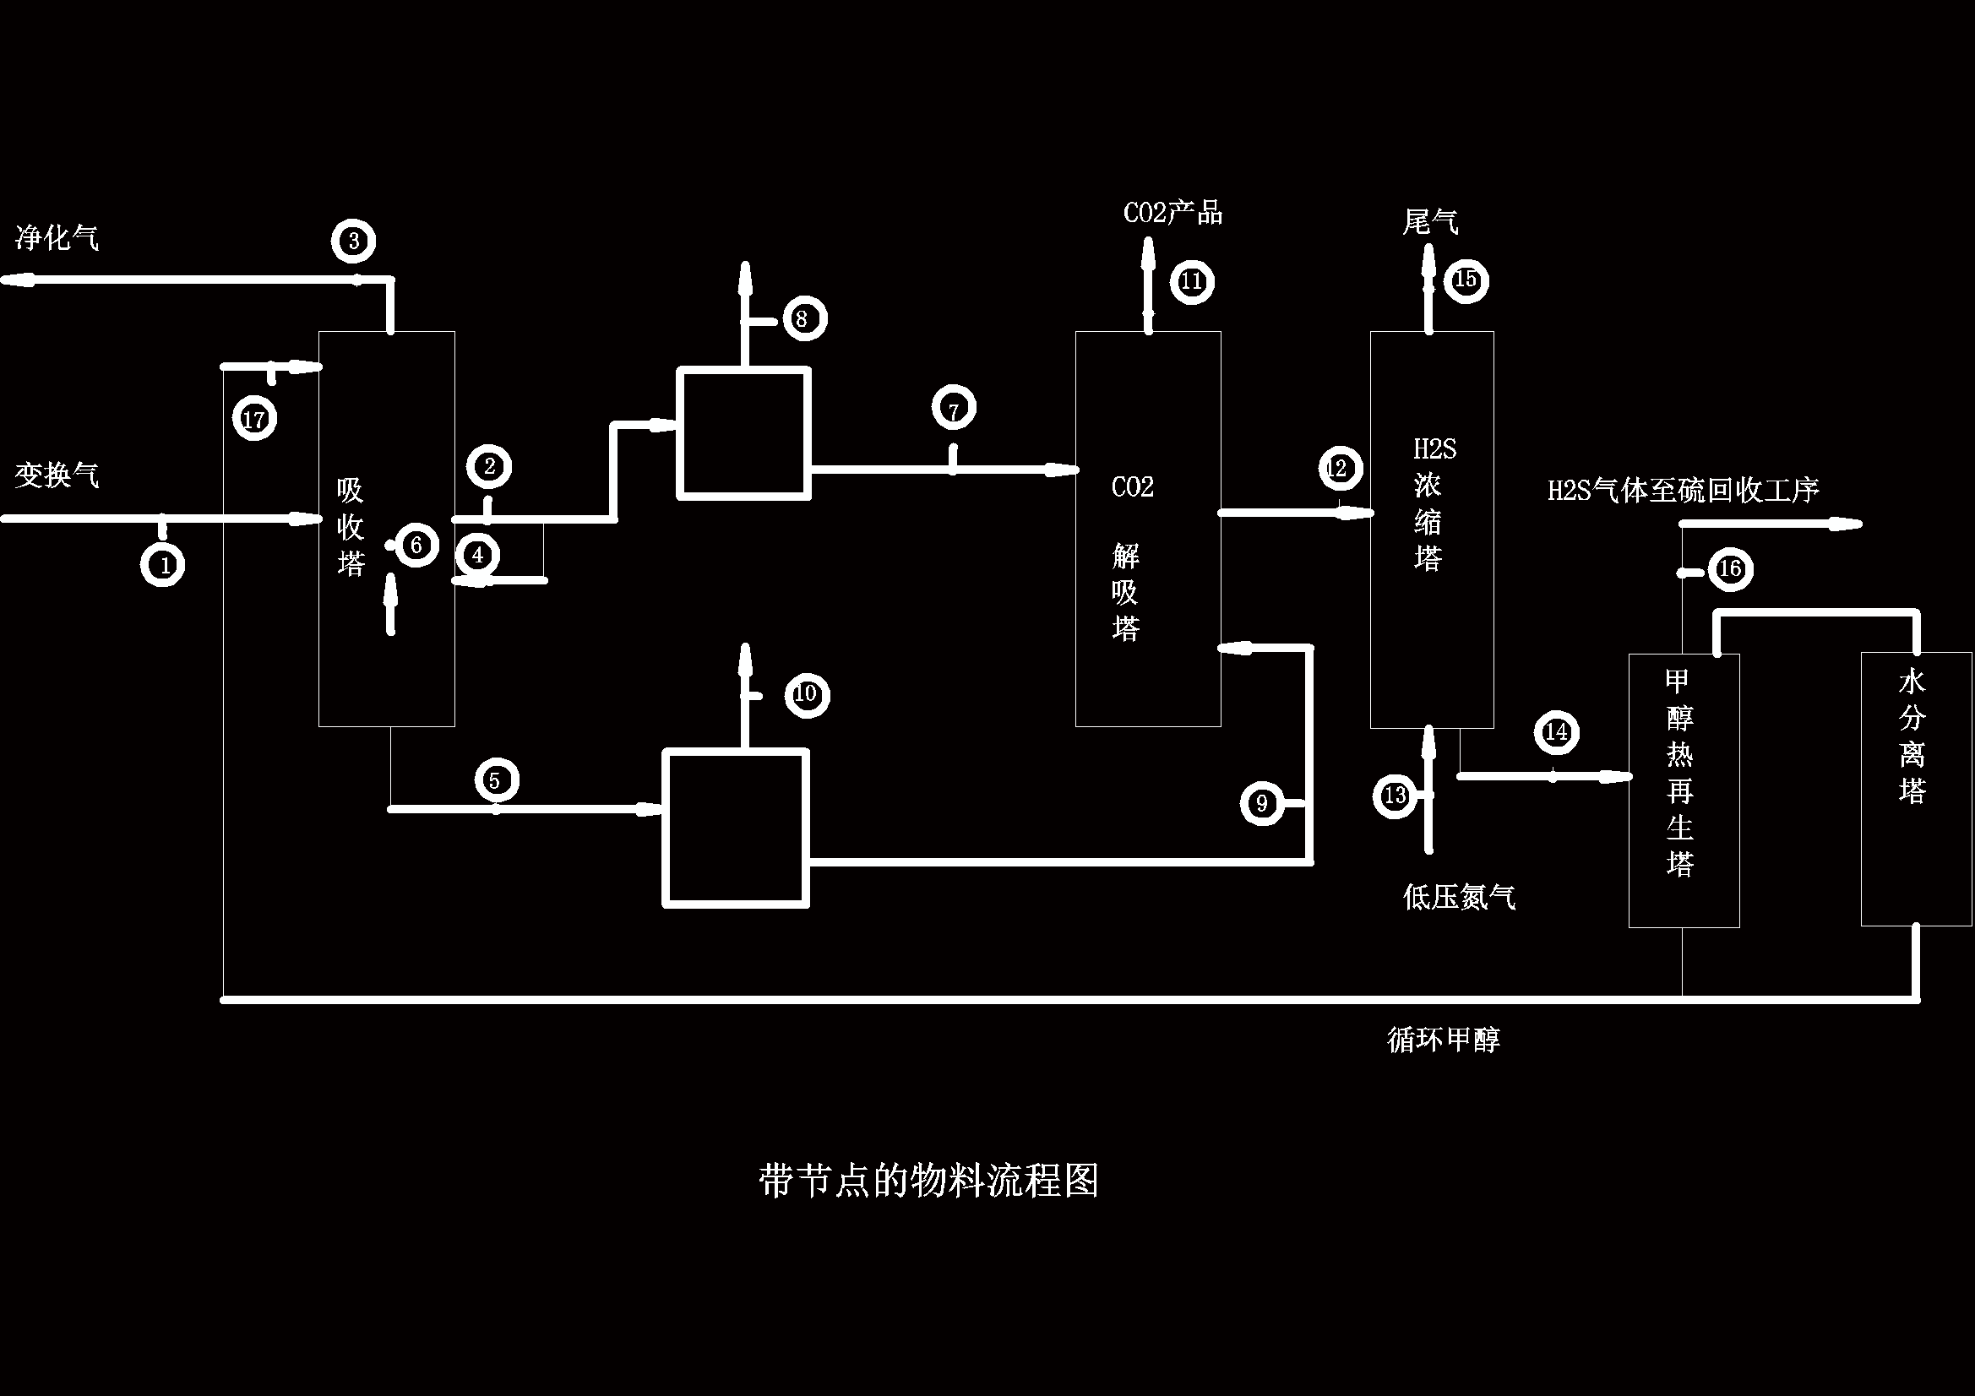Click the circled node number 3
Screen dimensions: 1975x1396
coord(355,241)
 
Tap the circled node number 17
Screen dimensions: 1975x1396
coord(254,419)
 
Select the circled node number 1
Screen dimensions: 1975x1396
coord(162,564)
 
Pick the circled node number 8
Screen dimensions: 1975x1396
coord(805,318)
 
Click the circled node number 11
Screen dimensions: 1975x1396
coord(1192,281)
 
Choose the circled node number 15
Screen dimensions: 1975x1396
coord(1466,280)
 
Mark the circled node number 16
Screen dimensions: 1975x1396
coord(1730,568)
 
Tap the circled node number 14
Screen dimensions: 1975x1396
coord(1556,732)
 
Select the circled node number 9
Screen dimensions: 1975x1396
coord(1262,803)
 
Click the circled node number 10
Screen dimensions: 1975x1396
coord(807,694)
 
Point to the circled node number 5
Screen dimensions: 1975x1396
coord(497,780)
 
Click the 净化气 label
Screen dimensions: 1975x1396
coord(57,237)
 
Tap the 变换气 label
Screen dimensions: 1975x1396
coord(57,475)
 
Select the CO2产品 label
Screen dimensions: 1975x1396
coord(1172,213)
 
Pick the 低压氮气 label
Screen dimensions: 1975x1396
coord(1459,897)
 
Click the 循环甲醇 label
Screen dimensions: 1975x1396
coord(1444,1040)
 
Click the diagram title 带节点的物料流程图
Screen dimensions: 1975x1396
coord(929,1181)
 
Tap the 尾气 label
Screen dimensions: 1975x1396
coord(1429,222)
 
